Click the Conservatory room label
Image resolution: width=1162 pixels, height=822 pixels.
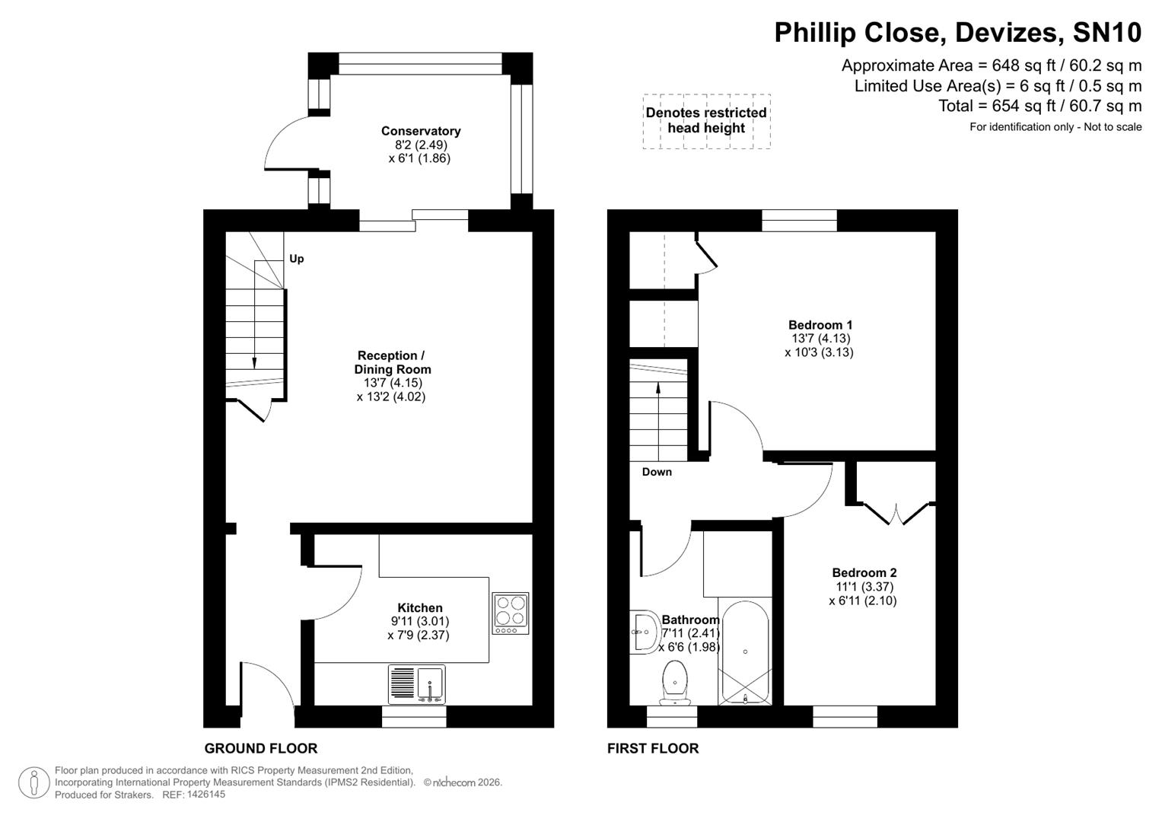420,131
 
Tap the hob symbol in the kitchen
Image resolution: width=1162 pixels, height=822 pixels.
510,613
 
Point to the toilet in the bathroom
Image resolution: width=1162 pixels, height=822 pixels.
674,682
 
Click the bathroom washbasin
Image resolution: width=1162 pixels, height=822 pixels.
644,632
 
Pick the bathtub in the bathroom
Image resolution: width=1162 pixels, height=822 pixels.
745,653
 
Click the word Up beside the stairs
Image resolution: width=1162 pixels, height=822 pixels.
297,259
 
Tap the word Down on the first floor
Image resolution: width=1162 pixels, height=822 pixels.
657,472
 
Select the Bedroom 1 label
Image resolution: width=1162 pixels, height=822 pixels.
820,325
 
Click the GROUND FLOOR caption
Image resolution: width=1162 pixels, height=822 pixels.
260,748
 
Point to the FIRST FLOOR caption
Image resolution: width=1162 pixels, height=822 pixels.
653,748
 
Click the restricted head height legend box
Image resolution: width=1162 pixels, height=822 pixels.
706,121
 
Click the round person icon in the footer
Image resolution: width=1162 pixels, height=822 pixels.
33,782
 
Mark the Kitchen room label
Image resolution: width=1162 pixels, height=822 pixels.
420,608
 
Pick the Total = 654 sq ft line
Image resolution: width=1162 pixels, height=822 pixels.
1039,106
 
